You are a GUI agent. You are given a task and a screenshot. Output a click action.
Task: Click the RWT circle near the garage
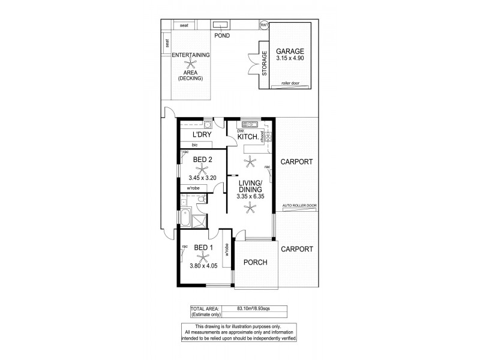[x=264, y=25]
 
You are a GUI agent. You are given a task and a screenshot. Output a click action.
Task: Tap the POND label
[x=222, y=35]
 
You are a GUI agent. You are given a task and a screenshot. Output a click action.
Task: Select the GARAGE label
[x=290, y=51]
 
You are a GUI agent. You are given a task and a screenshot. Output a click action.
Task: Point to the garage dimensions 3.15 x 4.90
[x=290, y=59]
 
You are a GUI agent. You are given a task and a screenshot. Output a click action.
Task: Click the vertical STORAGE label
[x=265, y=64]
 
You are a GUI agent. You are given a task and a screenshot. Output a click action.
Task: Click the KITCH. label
[x=248, y=137]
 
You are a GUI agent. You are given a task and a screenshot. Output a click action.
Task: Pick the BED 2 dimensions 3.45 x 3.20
[x=202, y=178]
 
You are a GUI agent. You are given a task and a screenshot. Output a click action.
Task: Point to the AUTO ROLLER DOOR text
[x=299, y=206]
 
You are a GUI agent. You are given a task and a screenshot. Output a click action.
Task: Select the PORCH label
[x=256, y=262]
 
